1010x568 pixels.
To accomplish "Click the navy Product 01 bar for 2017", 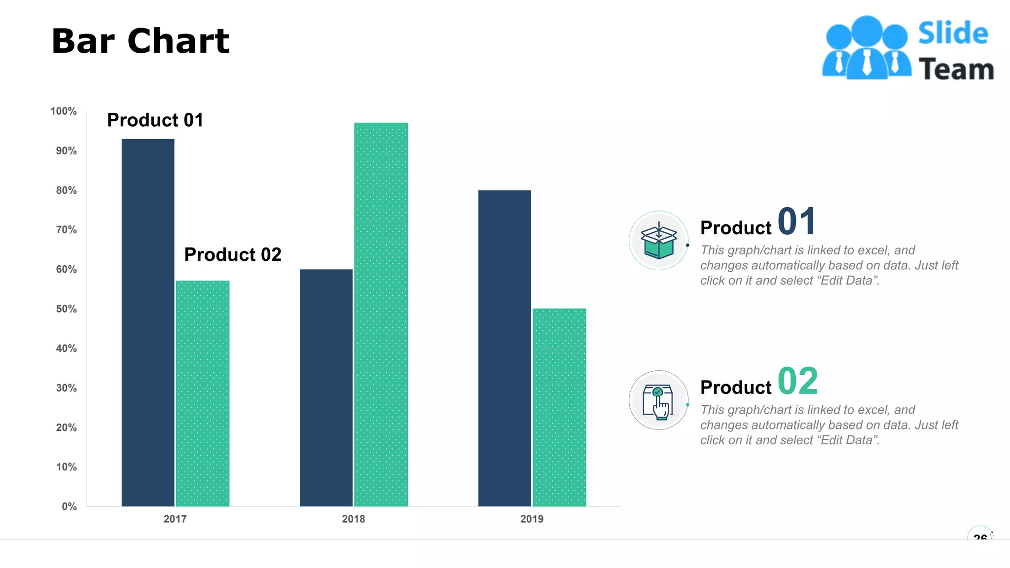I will tap(148, 322).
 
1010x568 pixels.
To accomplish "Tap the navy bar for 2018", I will tap(326, 388).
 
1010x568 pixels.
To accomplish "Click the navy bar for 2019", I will tap(505, 348).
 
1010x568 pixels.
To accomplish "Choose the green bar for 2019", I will tap(559, 407).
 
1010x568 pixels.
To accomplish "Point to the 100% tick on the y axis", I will tap(64, 111).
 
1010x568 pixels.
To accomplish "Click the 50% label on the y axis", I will tap(66, 309).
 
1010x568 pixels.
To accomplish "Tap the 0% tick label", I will tap(69, 507).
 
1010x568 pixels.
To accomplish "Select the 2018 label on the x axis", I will tap(353, 519).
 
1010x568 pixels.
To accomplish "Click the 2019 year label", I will tap(532, 519).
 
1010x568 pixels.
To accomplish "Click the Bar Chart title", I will tap(141, 41).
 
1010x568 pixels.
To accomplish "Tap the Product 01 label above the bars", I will tap(155, 120).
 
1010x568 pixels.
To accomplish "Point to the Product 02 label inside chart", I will tap(233, 255).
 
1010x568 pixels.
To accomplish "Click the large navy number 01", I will tap(796, 221).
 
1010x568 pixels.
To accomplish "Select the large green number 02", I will tap(797, 381).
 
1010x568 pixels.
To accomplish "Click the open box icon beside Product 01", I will tap(658, 241).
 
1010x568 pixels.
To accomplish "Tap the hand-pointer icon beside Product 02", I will tap(658, 401).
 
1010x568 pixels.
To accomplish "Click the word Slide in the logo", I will tap(953, 34).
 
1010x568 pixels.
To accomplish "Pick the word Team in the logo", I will tap(956, 70).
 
